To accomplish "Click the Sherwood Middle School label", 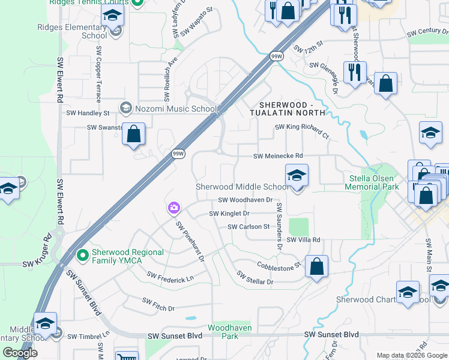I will point(243,187).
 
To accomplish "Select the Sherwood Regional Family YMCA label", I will point(127,256).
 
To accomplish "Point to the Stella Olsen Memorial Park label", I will point(372,182).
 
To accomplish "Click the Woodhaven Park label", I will point(229,332).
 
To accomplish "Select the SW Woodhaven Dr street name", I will point(245,200).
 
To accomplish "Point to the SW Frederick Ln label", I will point(171,277).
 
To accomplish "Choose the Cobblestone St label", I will point(278,265).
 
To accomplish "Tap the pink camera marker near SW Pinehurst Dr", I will point(173,208).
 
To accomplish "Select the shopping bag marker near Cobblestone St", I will point(316,266).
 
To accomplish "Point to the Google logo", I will point(20,353).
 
